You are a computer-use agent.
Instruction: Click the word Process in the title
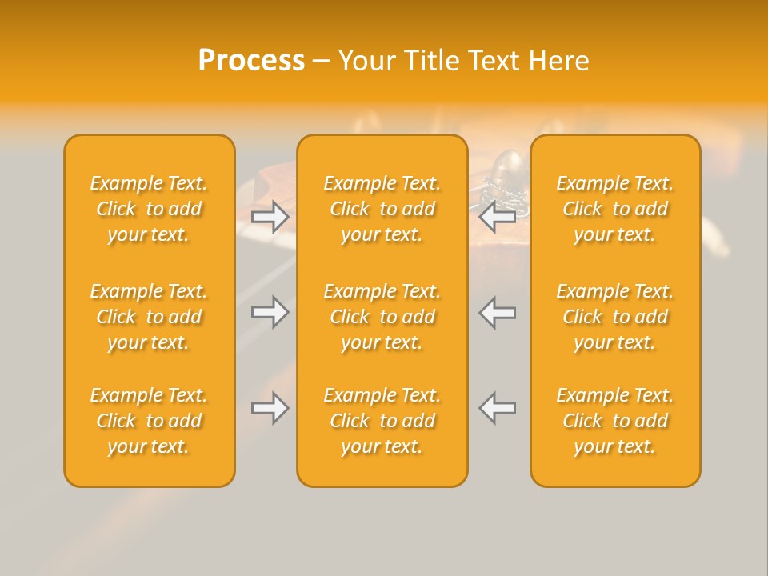(x=251, y=61)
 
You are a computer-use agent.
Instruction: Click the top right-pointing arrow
(x=270, y=216)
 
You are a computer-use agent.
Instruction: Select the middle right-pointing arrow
(x=270, y=312)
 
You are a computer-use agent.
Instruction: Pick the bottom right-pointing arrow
(x=270, y=408)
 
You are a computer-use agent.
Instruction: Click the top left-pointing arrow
(x=498, y=216)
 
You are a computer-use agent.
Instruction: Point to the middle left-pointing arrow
(x=498, y=312)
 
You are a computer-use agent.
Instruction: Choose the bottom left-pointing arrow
(x=498, y=408)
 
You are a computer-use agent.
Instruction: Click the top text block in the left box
(x=149, y=209)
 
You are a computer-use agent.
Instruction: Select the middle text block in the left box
(x=149, y=317)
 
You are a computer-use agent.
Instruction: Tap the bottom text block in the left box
(x=149, y=421)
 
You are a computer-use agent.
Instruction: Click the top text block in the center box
(x=382, y=209)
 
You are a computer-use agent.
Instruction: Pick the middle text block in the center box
(x=382, y=317)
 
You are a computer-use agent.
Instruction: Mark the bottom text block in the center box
(x=382, y=421)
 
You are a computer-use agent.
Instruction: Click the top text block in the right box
(x=614, y=209)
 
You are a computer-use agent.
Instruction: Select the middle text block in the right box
(x=614, y=317)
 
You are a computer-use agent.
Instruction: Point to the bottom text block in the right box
(x=614, y=421)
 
